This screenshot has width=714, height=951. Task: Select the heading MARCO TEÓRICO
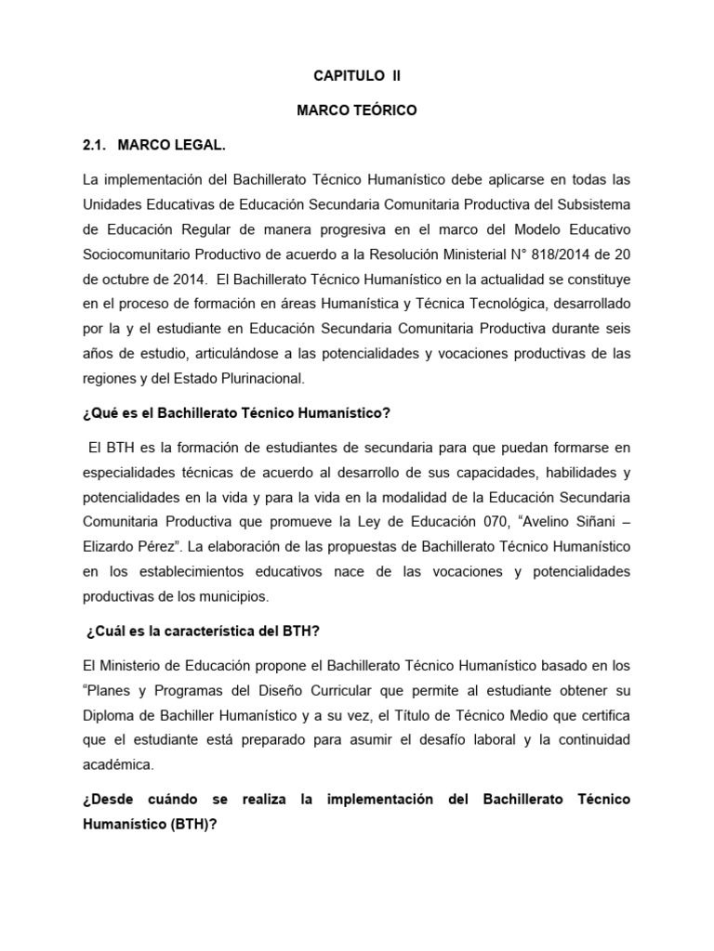pyautogui.click(x=357, y=111)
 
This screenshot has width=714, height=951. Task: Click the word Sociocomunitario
pyautogui.click(x=139, y=254)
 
